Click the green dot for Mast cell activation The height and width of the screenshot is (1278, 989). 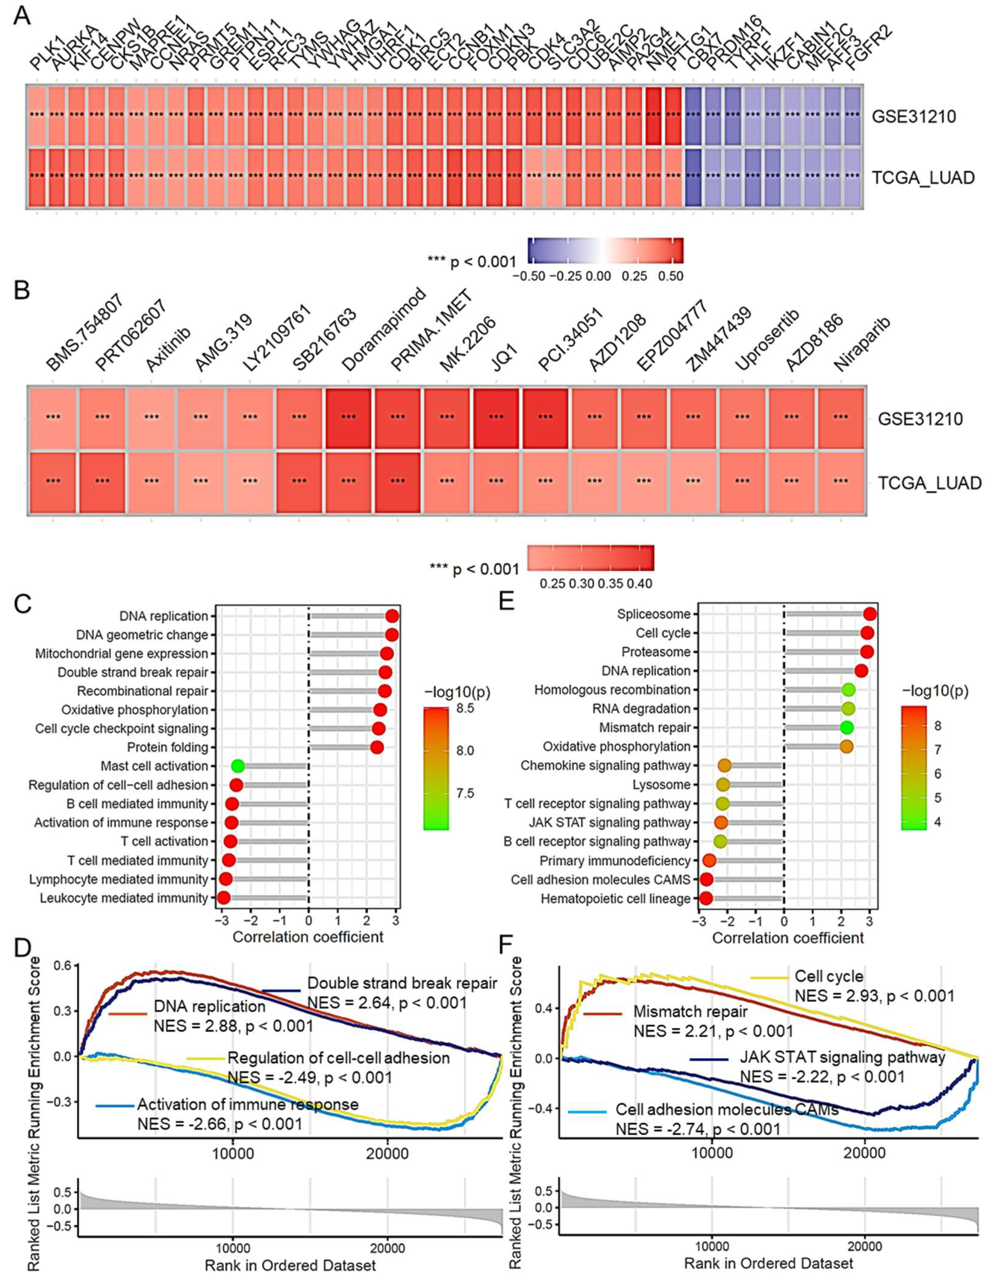pos(238,766)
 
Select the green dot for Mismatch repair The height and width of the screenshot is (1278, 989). pos(846,728)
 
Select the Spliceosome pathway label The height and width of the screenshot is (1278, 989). pos(654,614)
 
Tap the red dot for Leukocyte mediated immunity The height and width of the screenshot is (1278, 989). pos(223,898)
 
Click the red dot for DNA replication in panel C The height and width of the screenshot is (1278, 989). pos(392,615)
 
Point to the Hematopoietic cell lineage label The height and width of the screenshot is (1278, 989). pos(615,898)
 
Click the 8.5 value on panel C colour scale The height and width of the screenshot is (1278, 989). pos(465,708)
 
